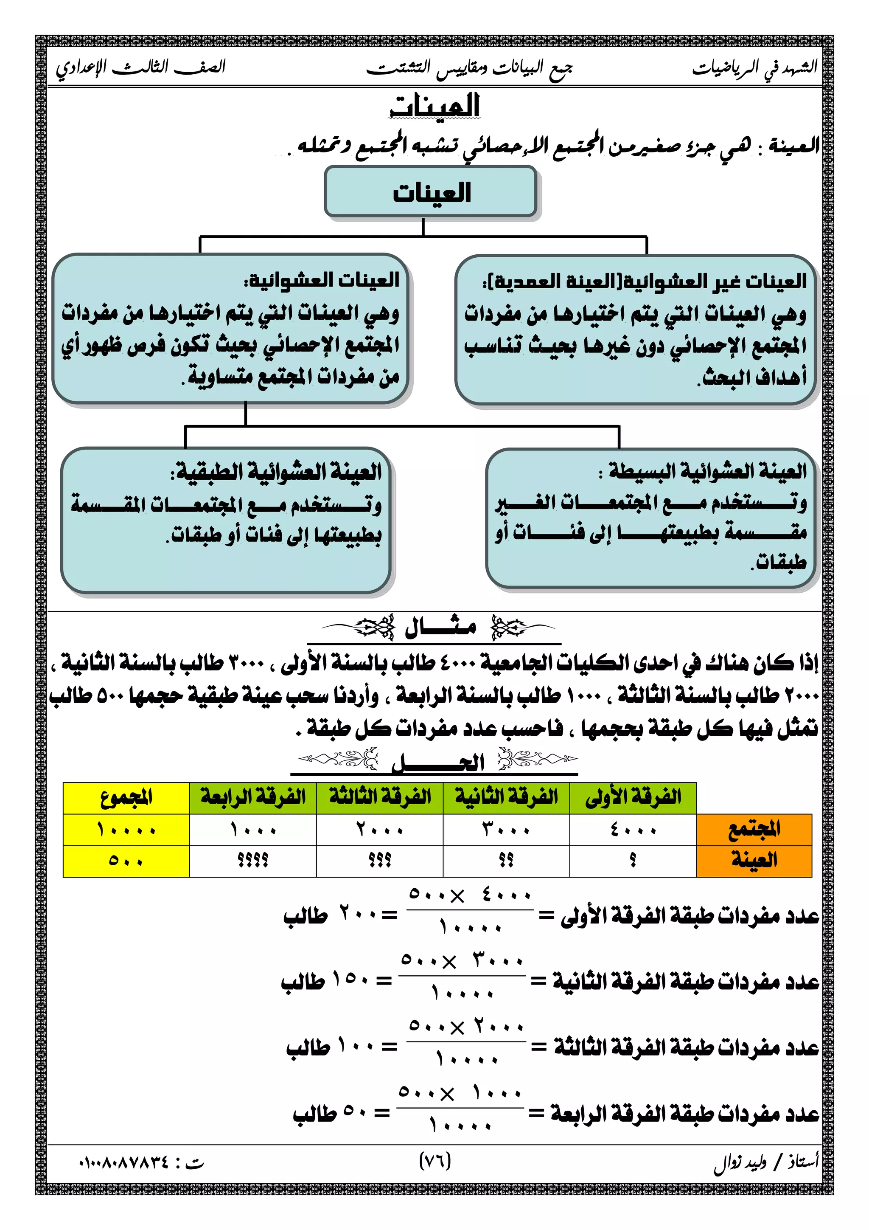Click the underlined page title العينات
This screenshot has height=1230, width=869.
[x=435, y=106]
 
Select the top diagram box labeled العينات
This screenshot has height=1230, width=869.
[x=431, y=192]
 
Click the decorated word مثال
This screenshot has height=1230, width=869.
[x=440, y=627]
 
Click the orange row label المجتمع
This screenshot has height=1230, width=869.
[x=754, y=830]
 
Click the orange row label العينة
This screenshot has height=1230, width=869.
[x=754, y=860]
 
